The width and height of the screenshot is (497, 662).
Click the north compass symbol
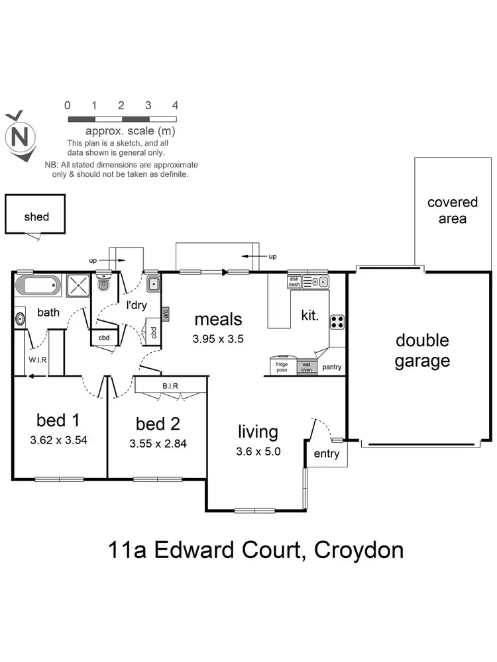(x=19, y=137)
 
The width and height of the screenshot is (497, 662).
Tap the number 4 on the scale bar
(x=175, y=105)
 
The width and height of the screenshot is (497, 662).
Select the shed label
(x=36, y=216)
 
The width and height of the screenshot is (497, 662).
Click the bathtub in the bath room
(x=38, y=287)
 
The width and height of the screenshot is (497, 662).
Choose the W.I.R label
(x=35, y=361)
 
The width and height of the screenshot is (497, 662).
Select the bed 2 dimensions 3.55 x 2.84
(x=158, y=444)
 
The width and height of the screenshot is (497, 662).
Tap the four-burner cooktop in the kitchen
(x=337, y=322)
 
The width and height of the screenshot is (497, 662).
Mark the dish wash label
(x=294, y=281)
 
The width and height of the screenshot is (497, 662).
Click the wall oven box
(x=307, y=366)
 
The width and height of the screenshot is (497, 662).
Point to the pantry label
(x=331, y=367)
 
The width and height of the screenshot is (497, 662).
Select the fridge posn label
(x=281, y=366)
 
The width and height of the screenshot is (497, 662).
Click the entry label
(x=326, y=453)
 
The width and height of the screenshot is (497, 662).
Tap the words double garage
(x=422, y=351)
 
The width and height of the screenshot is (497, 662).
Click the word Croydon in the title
(x=359, y=549)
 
